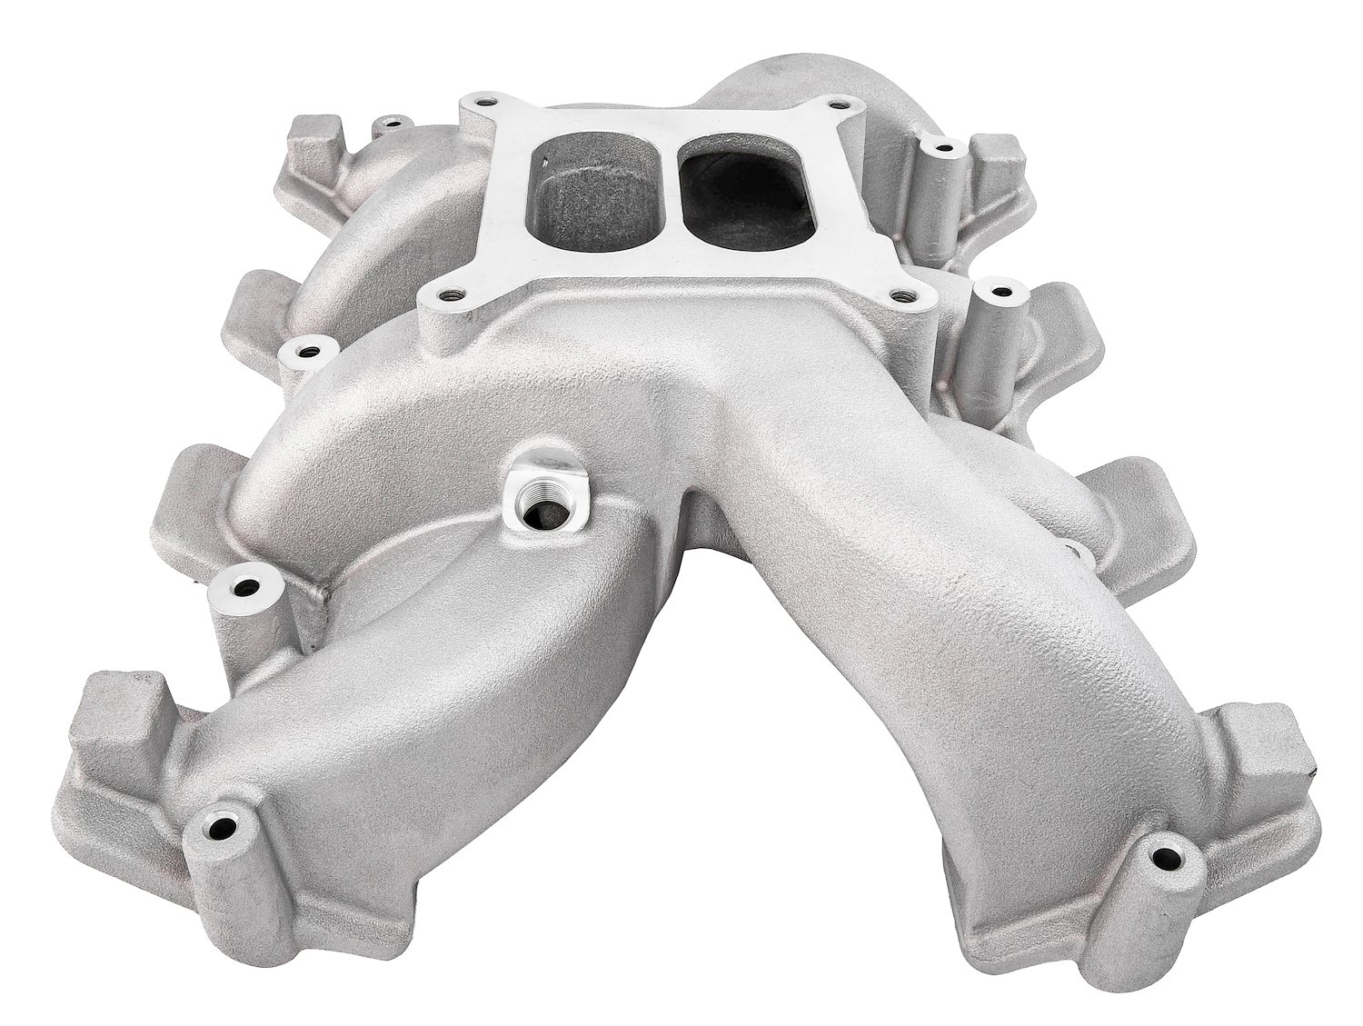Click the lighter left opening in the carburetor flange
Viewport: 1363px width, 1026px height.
click(x=595, y=189)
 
